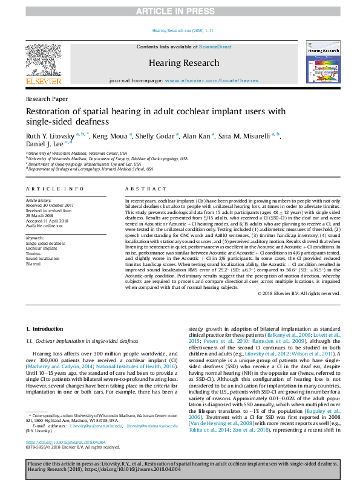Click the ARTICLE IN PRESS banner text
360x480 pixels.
[x=180, y=11]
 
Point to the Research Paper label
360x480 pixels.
[x=47, y=99]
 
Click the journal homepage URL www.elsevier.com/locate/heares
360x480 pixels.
[x=206, y=80]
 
